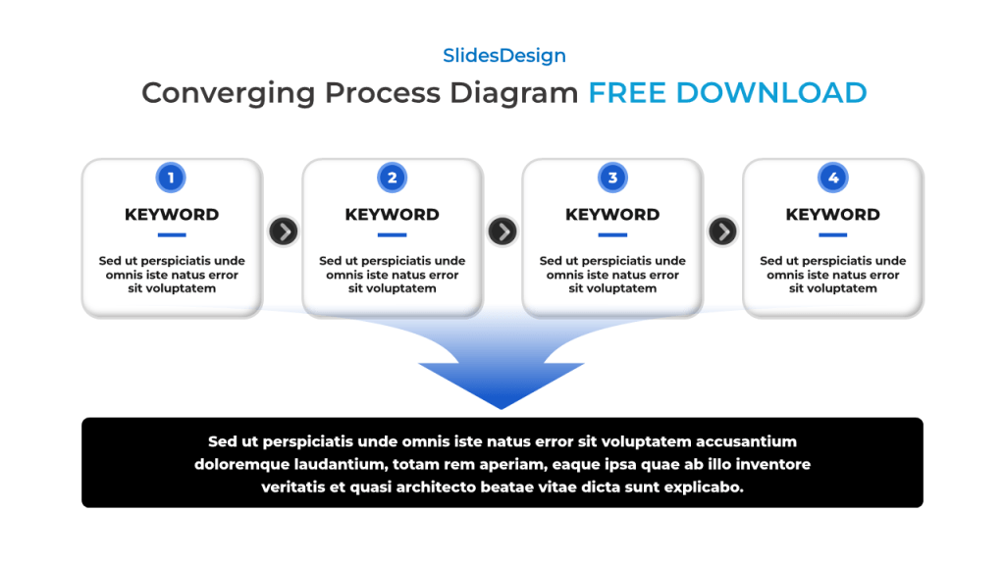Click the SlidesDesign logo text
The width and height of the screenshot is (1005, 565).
[x=503, y=56]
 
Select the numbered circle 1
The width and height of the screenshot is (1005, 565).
[x=171, y=178]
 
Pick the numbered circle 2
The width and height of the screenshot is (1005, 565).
[x=392, y=178]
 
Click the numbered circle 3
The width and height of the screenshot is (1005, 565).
[x=612, y=178]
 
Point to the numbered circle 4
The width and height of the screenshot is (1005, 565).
[x=833, y=178]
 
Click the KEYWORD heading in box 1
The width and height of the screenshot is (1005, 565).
[x=172, y=214]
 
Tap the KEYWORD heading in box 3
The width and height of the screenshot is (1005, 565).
[x=612, y=214]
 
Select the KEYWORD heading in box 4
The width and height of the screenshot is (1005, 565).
[x=833, y=214]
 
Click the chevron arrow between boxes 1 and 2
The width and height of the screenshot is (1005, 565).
[x=283, y=231]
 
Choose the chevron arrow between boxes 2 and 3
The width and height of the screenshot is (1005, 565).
[x=502, y=231]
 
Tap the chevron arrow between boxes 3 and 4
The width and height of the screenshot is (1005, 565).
[x=722, y=231]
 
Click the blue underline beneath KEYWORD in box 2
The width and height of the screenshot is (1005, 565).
[x=392, y=235]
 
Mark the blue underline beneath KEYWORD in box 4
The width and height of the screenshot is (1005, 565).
[x=833, y=235]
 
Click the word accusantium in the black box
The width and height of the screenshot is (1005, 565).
[x=746, y=442]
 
